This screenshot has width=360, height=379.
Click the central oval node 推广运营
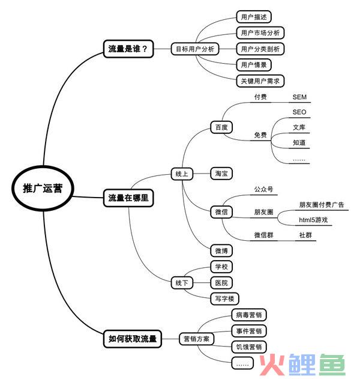coord(43,188)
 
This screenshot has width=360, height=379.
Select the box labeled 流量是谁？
coord(128,49)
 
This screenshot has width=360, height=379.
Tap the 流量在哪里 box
coord(128,198)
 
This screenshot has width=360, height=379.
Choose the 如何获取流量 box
coord(133,339)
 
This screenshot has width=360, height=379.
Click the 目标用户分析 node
coord(195,49)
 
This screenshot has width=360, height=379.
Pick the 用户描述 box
coord(254,17)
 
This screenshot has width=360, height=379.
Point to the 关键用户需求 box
coord(260,81)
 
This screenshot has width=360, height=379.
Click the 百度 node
coord(221,127)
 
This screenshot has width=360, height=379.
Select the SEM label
coord(299,97)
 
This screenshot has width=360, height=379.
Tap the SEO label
coord(299,112)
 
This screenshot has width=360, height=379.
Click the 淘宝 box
coord(221,174)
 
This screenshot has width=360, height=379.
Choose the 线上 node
coord(182,174)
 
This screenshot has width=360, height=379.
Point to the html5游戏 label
coord(313,220)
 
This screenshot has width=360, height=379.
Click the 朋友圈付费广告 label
coord(322,205)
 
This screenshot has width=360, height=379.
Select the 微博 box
coord(221,250)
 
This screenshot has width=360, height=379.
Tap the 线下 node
coord(182,282)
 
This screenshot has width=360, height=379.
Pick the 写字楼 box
coord(224,299)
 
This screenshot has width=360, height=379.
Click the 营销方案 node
coord(196,339)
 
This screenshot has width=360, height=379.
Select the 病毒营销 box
coord(248,315)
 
